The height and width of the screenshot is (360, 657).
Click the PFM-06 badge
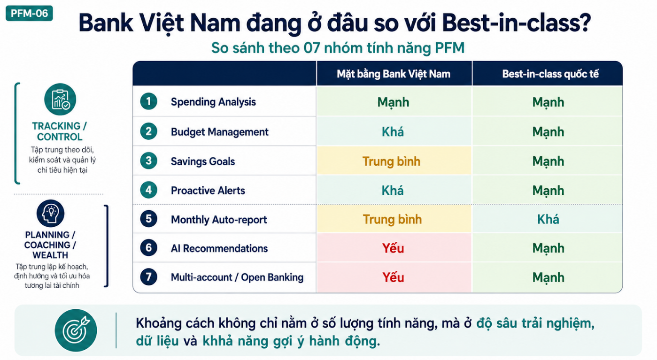pos(29,13)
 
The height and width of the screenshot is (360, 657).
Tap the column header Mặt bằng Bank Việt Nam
pos(394,74)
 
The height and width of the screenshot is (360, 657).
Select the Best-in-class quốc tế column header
pos(550,74)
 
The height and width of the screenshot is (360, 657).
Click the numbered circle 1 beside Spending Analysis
pos(149,101)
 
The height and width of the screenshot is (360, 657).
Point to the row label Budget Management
pos(219,132)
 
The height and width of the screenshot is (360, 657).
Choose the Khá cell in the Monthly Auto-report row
pos(548,219)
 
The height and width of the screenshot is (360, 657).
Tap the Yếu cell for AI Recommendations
pos(393,248)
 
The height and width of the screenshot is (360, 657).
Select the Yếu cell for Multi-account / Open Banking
pos(393,277)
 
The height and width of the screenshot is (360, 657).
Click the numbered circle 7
pos(149,277)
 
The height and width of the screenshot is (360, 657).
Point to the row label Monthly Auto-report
pos(219,220)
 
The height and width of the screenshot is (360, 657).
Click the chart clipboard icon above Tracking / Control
pos(60,100)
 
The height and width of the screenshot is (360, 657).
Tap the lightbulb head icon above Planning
pos(50,214)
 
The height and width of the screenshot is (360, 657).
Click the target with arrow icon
pos(76,330)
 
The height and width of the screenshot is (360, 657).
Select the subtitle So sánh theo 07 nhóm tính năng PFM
pos(338,48)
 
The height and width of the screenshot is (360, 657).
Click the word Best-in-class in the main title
pos(517,23)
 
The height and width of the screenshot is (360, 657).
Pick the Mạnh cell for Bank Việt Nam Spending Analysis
pos(393,102)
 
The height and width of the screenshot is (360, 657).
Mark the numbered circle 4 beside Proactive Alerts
pos(149,190)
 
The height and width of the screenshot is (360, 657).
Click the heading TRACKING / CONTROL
pos(60,131)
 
